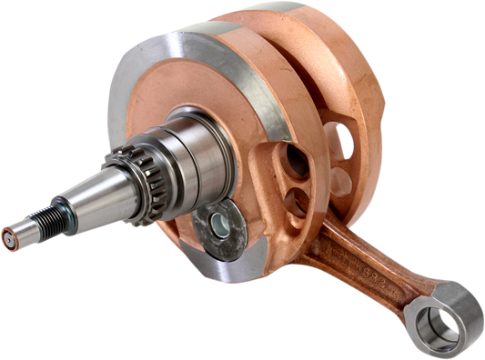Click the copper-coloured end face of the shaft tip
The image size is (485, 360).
point(8,241)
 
